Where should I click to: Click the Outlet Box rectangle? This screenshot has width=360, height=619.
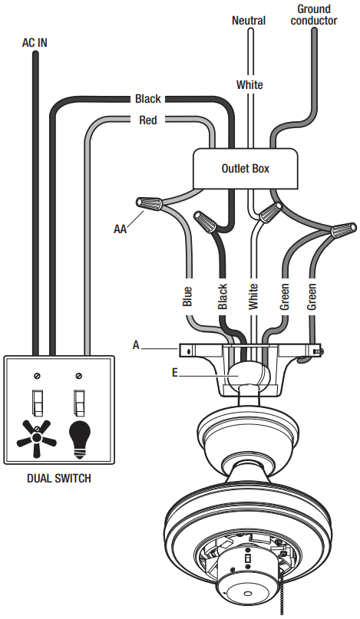(245, 168)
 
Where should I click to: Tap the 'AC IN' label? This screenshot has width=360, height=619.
(34, 43)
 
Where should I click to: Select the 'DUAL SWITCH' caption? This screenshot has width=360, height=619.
(58, 479)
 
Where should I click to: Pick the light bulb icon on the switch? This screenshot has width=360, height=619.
(81, 438)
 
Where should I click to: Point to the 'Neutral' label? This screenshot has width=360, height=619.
(249, 21)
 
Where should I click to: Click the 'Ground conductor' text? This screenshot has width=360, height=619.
(314, 15)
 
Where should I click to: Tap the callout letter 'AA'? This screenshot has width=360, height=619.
(121, 228)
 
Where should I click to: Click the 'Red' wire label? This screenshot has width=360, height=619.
(149, 120)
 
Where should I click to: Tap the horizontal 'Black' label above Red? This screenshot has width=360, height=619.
(148, 99)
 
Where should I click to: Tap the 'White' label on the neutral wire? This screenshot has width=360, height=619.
(249, 84)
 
